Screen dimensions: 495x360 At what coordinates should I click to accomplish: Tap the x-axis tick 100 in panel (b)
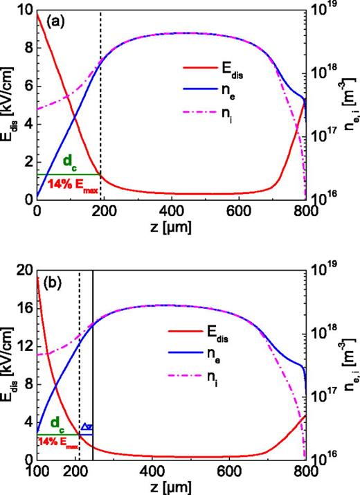click(37, 470)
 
